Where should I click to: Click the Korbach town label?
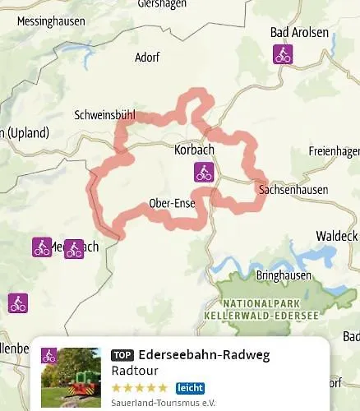click(195, 150)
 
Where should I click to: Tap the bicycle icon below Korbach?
click(203, 172)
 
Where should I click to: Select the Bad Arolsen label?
click(299, 33)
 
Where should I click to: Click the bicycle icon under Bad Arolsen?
click(283, 55)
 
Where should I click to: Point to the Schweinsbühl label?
click(104, 116)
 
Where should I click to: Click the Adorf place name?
click(149, 58)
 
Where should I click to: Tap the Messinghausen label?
click(51, 21)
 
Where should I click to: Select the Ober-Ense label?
click(173, 203)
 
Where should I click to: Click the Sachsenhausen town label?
click(293, 190)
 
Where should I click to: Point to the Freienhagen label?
click(334, 151)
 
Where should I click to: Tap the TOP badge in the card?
click(122, 356)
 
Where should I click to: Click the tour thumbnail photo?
click(71, 376)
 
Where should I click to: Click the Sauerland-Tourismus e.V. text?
click(163, 403)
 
